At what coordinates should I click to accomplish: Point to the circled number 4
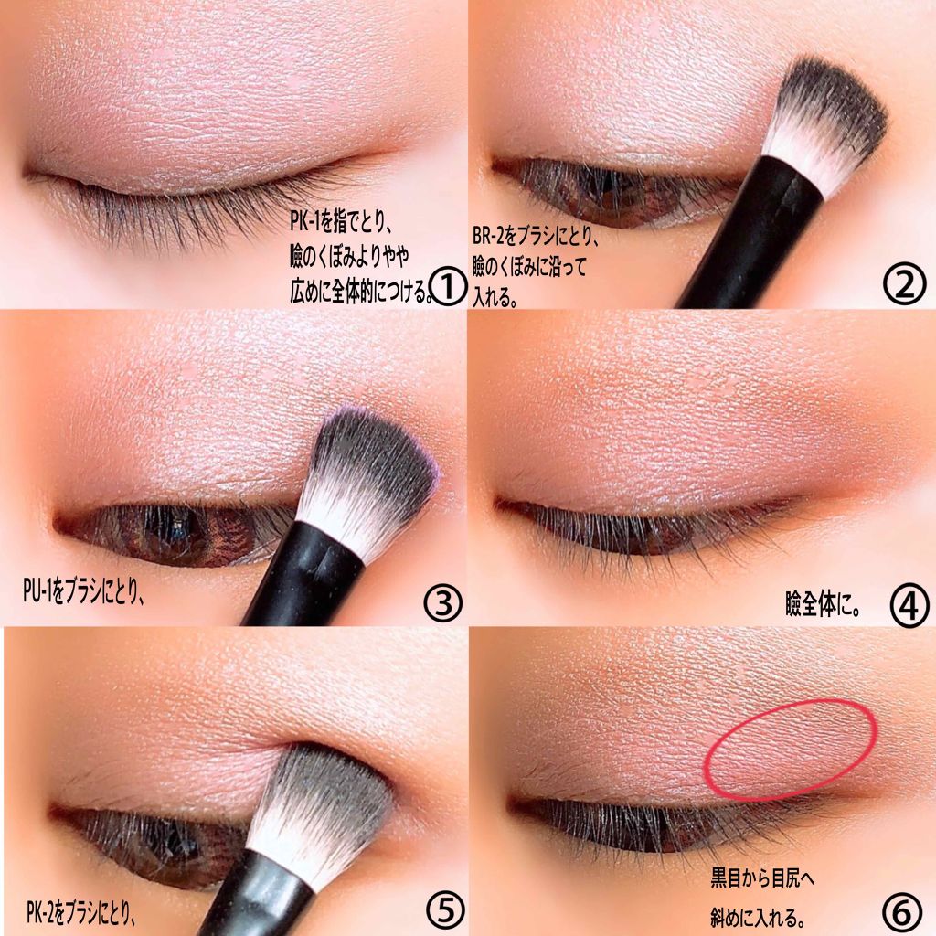point(909,607)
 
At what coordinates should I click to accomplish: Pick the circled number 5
point(446,909)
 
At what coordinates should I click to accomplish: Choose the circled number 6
point(904,911)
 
